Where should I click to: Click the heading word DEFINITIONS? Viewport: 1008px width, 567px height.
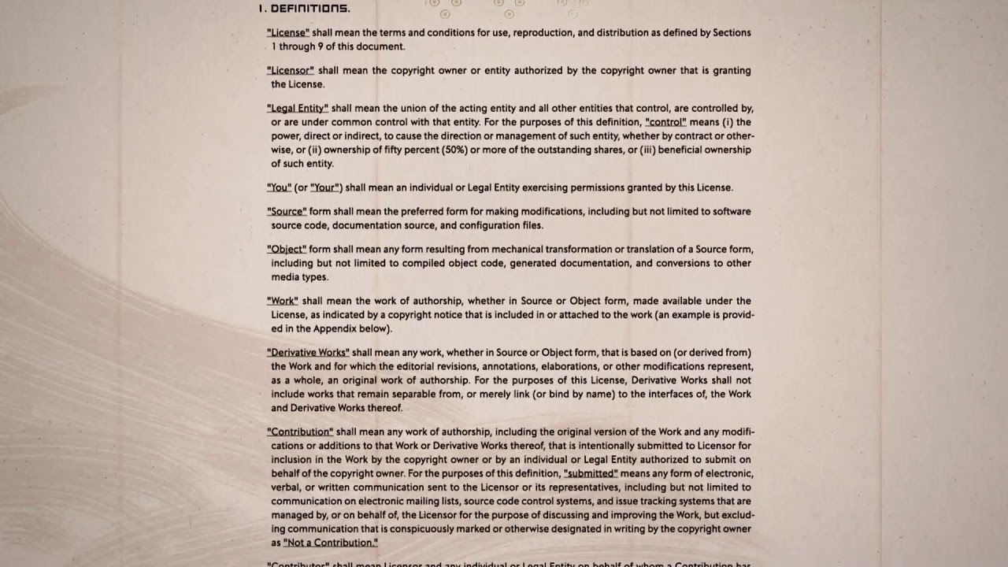point(310,9)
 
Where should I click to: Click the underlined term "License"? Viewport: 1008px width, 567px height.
point(288,33)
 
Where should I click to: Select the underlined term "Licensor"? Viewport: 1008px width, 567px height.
point(291,71)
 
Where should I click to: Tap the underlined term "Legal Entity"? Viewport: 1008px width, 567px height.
point(298,109)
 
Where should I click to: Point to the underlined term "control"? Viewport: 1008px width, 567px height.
point(665,122)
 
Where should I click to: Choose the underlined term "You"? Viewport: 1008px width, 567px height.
point(279,188)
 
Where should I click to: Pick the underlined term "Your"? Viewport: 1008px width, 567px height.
point(324,188)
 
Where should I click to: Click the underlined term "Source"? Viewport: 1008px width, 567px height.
point(287,212)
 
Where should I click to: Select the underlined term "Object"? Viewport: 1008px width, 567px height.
point(287,250)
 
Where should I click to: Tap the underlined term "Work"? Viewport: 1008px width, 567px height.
point(283,302)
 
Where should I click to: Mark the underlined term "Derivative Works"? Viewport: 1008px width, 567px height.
point(308,353)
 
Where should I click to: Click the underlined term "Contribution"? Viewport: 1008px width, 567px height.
point(300,432)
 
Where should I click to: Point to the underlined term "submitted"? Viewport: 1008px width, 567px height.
point(591,474)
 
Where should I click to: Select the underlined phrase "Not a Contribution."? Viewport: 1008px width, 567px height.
point(331,543)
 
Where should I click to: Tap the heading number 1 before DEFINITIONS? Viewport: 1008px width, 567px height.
point(261,9)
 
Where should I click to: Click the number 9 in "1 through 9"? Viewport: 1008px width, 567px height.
point(320,47)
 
